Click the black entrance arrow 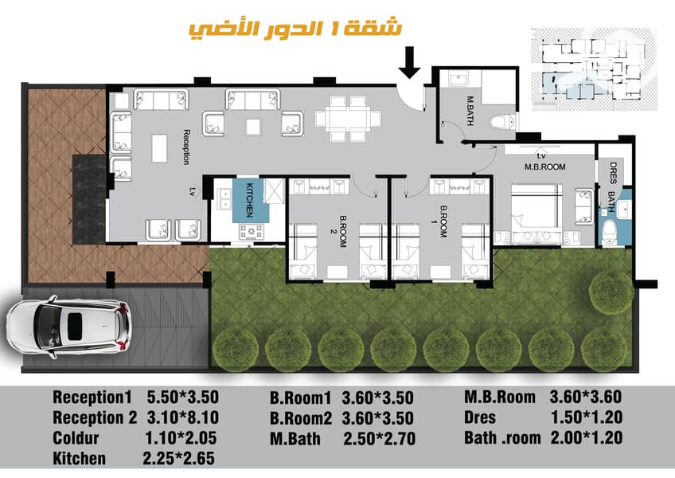click(x=409, y=62)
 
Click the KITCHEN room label click(x=250, y=200)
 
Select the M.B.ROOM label click(x=544, y=167)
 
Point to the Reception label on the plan click(x=186, y=147)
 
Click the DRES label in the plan click(x=613, y=172)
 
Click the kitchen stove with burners click(x=252, y=233)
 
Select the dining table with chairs click(x=349, y=119)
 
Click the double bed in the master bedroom click(x=536, y=206)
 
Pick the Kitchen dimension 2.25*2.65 click(x=178, y=458)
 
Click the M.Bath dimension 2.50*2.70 click(x=379, y=439)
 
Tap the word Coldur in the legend click(x=76, y=438)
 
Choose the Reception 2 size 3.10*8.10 click(x=183, y=417)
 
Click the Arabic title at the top click(x=295, y=29)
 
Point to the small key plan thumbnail click(x=594, y=69)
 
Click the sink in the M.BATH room click(x=459, y=80)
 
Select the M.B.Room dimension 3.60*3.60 click(x=586, y=396)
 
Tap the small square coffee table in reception click(x=253, y=127)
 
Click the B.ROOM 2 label click(x=340, y=231)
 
